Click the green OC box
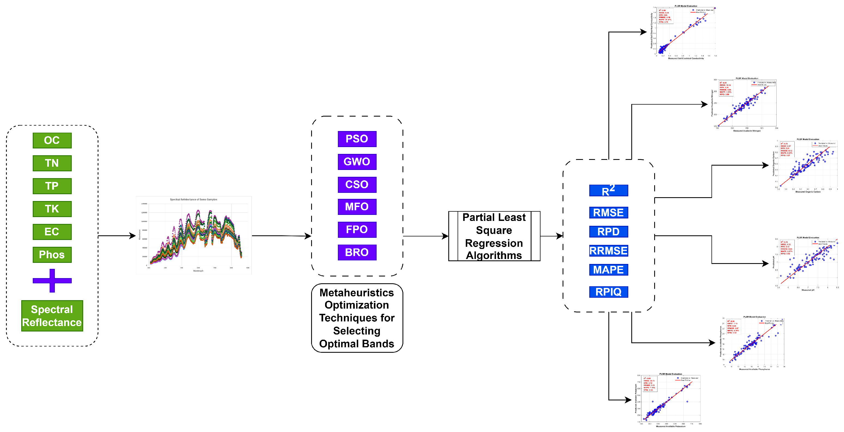tap(52, 140)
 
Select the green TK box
tap(52, 209)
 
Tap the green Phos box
tap(52, 255)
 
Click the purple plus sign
tap(52, 281)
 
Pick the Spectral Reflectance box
tap(52, 316)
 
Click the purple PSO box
tap(357, 139)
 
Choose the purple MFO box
tap(357, 207)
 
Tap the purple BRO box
tap(357, 252)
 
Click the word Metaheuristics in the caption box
tap(356, 293)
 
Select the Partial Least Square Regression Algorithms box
tap(494, 236)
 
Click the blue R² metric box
tap(608, 190)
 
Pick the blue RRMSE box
tap(608, 251)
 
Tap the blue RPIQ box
tap(608, 292)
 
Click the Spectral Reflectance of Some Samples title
tap(193, 199)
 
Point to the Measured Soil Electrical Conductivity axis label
tap(686, 59)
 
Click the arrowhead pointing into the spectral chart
tap(133, 236)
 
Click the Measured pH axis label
tap(808, 290)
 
